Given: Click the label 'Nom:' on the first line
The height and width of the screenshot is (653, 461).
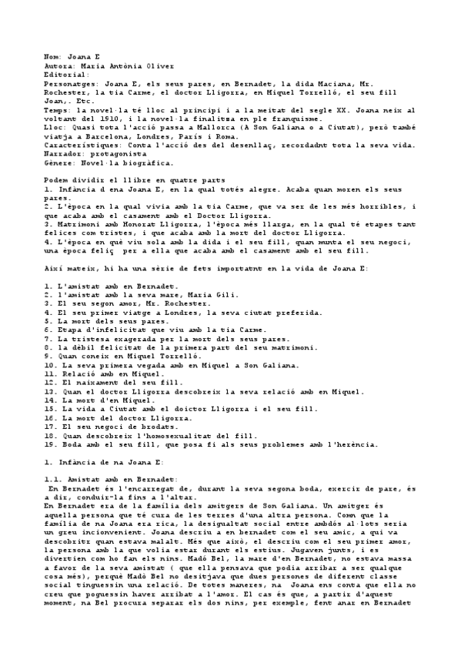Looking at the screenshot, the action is [x=53, y=58].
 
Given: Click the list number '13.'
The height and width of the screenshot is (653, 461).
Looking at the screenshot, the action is [x=49, y=391].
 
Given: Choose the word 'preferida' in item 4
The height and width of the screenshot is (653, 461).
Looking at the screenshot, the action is [x=305, y=313].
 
